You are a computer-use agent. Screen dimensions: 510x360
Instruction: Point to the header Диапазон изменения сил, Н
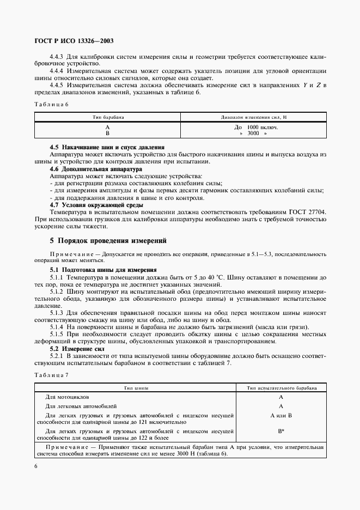coord(253,117)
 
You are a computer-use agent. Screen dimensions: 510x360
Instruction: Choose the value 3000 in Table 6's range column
coord(253,133)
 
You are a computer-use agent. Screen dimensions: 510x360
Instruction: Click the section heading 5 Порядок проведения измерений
coord(108,240)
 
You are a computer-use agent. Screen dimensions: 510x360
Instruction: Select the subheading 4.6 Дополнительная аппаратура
coord(95,169)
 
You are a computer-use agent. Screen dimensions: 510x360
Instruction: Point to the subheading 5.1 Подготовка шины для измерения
coord(103,269)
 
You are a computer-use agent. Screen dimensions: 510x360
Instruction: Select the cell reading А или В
coord(281,415)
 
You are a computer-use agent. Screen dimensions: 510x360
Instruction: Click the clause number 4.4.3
coord(59,57)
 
